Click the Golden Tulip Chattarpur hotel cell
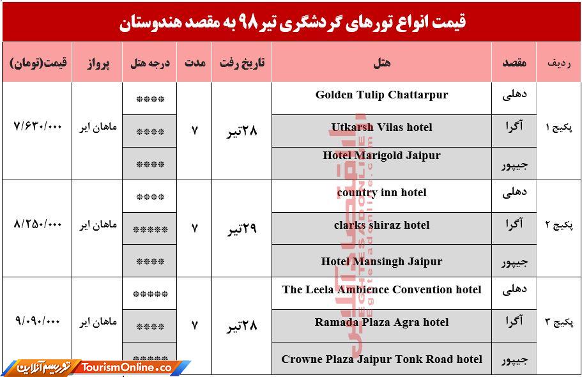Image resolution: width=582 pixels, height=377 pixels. [x=381, y=95]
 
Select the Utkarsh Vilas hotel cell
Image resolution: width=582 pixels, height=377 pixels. [x=381, y=128]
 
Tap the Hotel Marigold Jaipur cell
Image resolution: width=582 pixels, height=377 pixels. [x=381, y=156]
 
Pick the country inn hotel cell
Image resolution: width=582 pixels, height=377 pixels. [x=381, y=193]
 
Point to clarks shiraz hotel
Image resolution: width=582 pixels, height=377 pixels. [x=381, y=226]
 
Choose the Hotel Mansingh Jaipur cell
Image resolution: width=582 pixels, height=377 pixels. [x=381, y=261]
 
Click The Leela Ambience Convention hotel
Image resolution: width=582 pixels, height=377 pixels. [x=381, y=290]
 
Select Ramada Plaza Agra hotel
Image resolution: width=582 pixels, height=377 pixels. [x=381, y=323]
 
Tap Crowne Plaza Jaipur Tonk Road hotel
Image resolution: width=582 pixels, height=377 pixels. [x=381, y=359]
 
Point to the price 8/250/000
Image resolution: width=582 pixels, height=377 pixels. [x=37, y=225]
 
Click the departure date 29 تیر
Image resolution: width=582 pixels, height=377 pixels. [x=241, y=228]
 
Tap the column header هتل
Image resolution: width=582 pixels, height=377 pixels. [x=381, y=63]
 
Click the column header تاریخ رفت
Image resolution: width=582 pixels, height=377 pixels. [x=241, y=63]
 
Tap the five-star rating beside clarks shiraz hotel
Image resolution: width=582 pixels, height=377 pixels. [x=150, y=228]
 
